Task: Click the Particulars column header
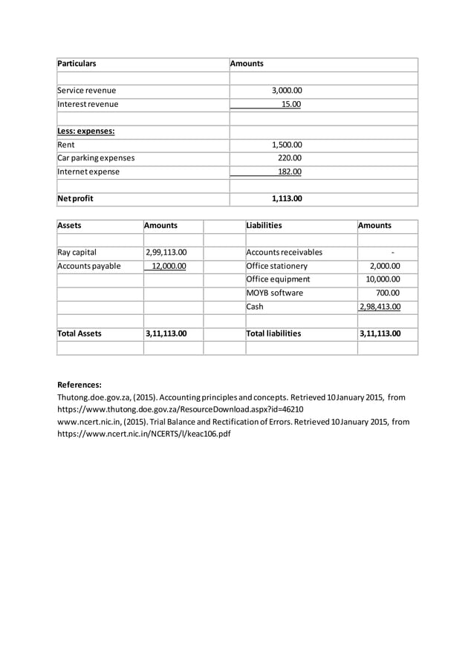[77, 64]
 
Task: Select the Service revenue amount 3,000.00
[286, 91]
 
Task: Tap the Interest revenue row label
[88, 104]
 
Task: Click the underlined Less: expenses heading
[86, 131]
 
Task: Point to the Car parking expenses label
[97, 158]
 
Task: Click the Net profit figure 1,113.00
[286, 199]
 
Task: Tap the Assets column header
[70, 226]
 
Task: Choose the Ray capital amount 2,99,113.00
[166, 253]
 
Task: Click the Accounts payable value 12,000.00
[169, 266]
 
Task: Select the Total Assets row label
[79, 334]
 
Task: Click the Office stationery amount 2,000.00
[385, 266]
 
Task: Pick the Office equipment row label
[278, 279]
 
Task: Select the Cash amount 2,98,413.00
[380, 307]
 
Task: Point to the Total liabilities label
[273, 334]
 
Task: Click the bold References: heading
[79, 385]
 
